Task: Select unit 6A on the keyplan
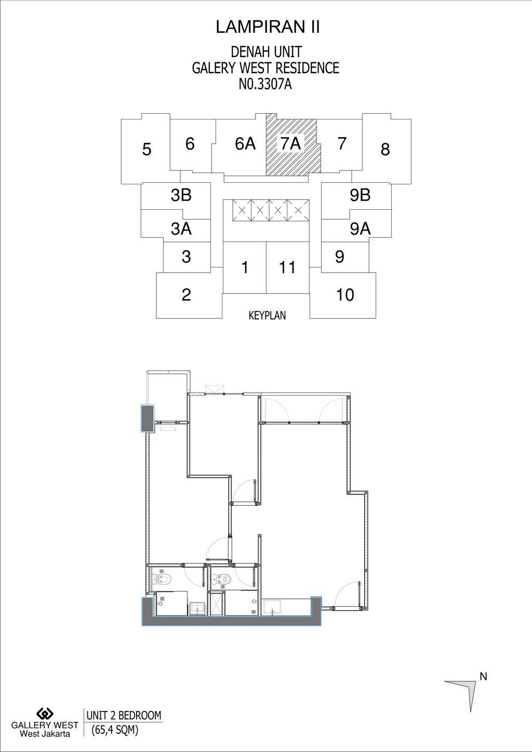point(245,143)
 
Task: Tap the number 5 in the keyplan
point(147,150)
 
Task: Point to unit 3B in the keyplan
point(181,195)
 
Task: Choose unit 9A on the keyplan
point(360,229)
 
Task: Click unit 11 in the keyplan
point(287,267)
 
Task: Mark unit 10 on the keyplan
point(345,295)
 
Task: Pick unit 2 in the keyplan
point(187,295)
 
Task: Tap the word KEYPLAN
point(267,315)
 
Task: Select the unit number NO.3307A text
point(265,85)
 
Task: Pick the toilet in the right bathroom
point(222,578)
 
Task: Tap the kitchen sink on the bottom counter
point(272,607)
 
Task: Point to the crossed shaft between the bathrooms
point(215,603)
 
